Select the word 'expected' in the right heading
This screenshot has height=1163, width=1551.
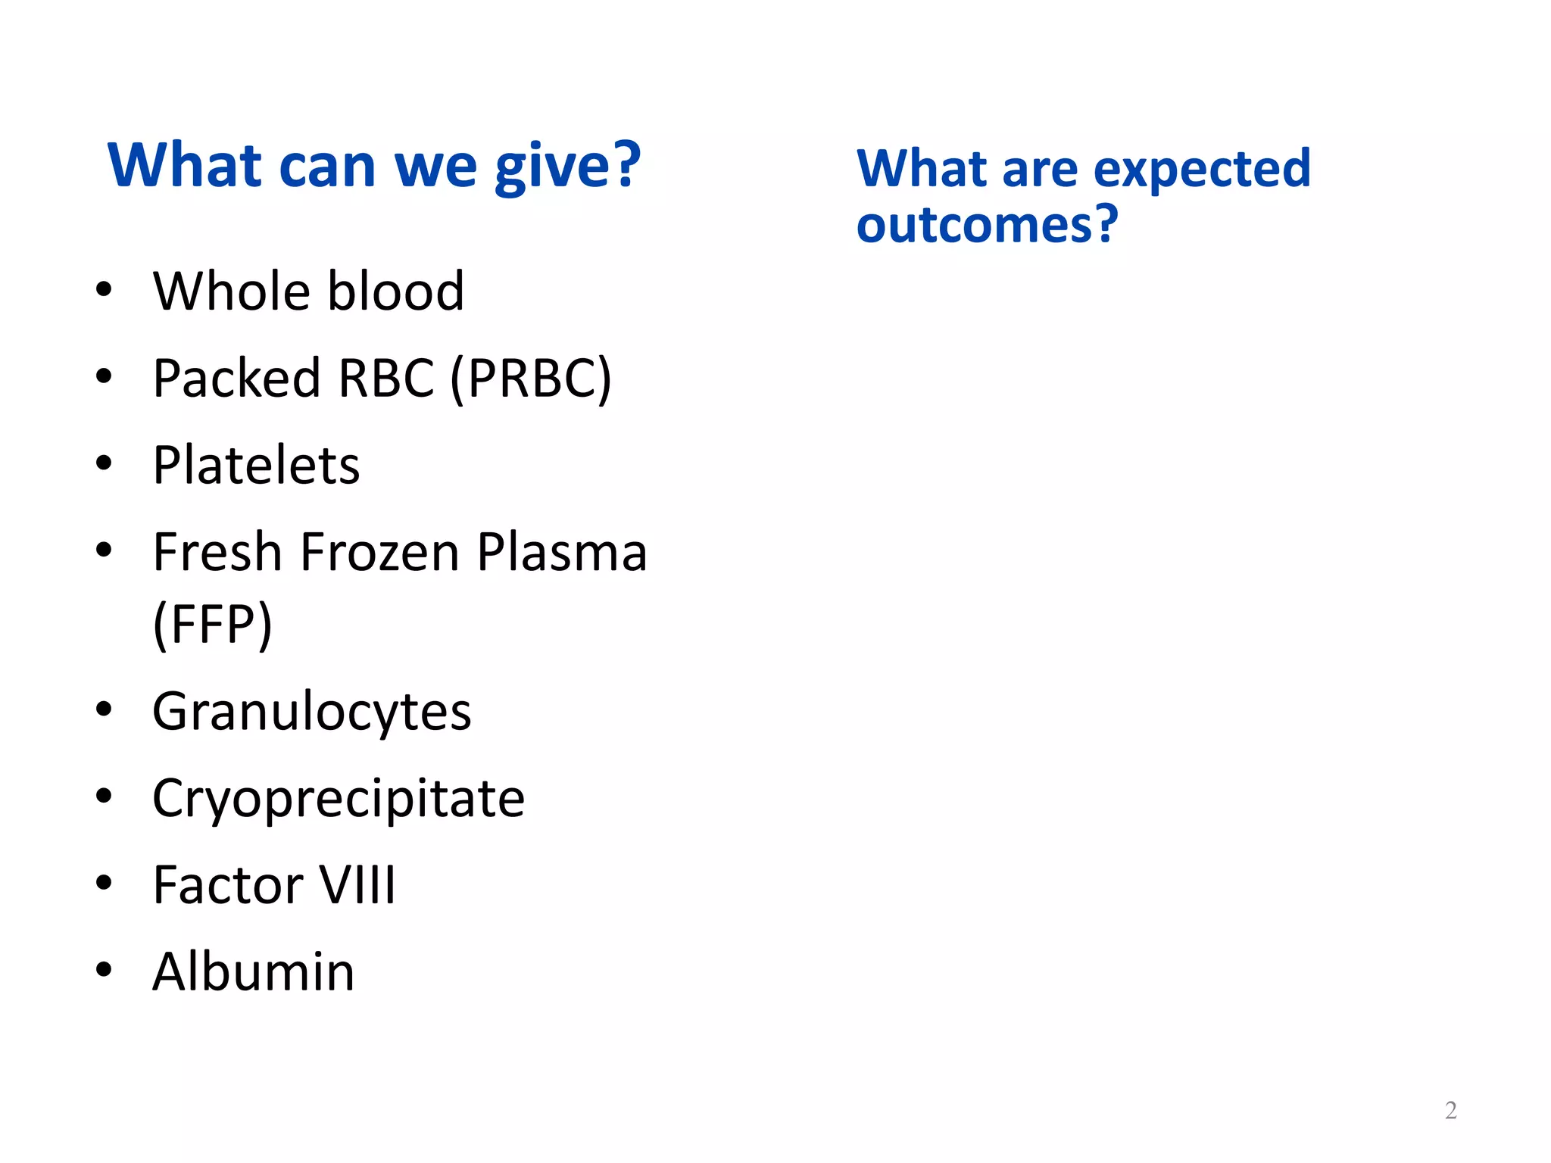coord(1202,170)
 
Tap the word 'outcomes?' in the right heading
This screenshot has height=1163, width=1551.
coord(987,225)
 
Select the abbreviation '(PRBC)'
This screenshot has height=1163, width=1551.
coord(531,379)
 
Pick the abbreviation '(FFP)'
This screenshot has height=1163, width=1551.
coord(212,624)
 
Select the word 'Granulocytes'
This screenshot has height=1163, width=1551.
coord(311,712)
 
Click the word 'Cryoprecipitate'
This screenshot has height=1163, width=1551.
coord(339,798)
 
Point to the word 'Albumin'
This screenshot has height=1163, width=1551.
coord(253,971)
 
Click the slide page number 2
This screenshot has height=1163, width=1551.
coord(1450,1110)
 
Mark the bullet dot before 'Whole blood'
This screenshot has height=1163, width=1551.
coord(104,289)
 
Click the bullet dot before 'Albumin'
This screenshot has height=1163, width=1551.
coord(104,969)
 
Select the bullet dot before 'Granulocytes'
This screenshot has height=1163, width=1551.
coord(104,709)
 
